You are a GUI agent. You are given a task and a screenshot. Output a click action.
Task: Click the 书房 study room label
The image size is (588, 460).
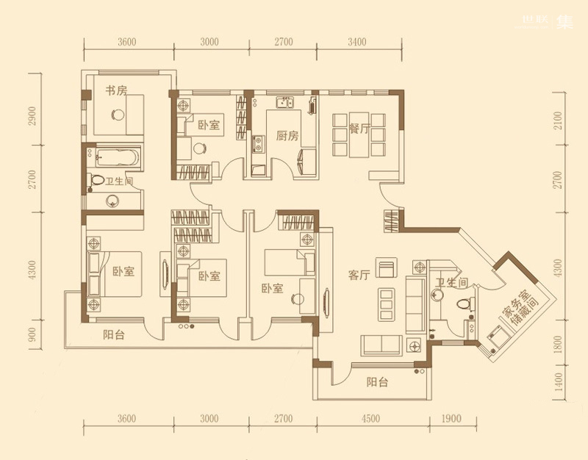116,90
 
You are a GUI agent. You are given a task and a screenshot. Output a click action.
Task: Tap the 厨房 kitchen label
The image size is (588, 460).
287,135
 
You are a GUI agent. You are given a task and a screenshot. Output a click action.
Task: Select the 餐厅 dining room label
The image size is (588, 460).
359,129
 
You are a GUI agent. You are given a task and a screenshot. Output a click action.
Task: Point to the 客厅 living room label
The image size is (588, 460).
359,275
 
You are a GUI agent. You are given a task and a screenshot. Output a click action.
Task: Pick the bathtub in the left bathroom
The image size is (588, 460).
118,157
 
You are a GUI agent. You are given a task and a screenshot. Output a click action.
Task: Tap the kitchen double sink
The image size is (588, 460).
284,102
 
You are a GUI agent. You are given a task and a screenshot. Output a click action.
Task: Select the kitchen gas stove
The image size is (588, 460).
258,144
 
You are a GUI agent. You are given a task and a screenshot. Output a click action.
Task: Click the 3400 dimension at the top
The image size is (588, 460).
356,42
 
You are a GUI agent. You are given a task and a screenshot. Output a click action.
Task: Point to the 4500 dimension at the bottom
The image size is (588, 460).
370,418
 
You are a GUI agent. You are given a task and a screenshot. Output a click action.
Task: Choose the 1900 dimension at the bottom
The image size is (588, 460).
451,418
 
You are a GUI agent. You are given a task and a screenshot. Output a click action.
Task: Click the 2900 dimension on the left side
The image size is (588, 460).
32,116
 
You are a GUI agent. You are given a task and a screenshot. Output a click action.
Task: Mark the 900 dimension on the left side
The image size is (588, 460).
32,335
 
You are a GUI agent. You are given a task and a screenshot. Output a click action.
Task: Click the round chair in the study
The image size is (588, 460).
118,114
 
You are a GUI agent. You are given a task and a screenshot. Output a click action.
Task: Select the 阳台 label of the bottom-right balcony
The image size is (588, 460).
377,382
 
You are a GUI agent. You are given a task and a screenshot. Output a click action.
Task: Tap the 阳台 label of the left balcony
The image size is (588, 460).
114,334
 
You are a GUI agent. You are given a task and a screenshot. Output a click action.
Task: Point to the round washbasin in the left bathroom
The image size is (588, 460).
112,201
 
